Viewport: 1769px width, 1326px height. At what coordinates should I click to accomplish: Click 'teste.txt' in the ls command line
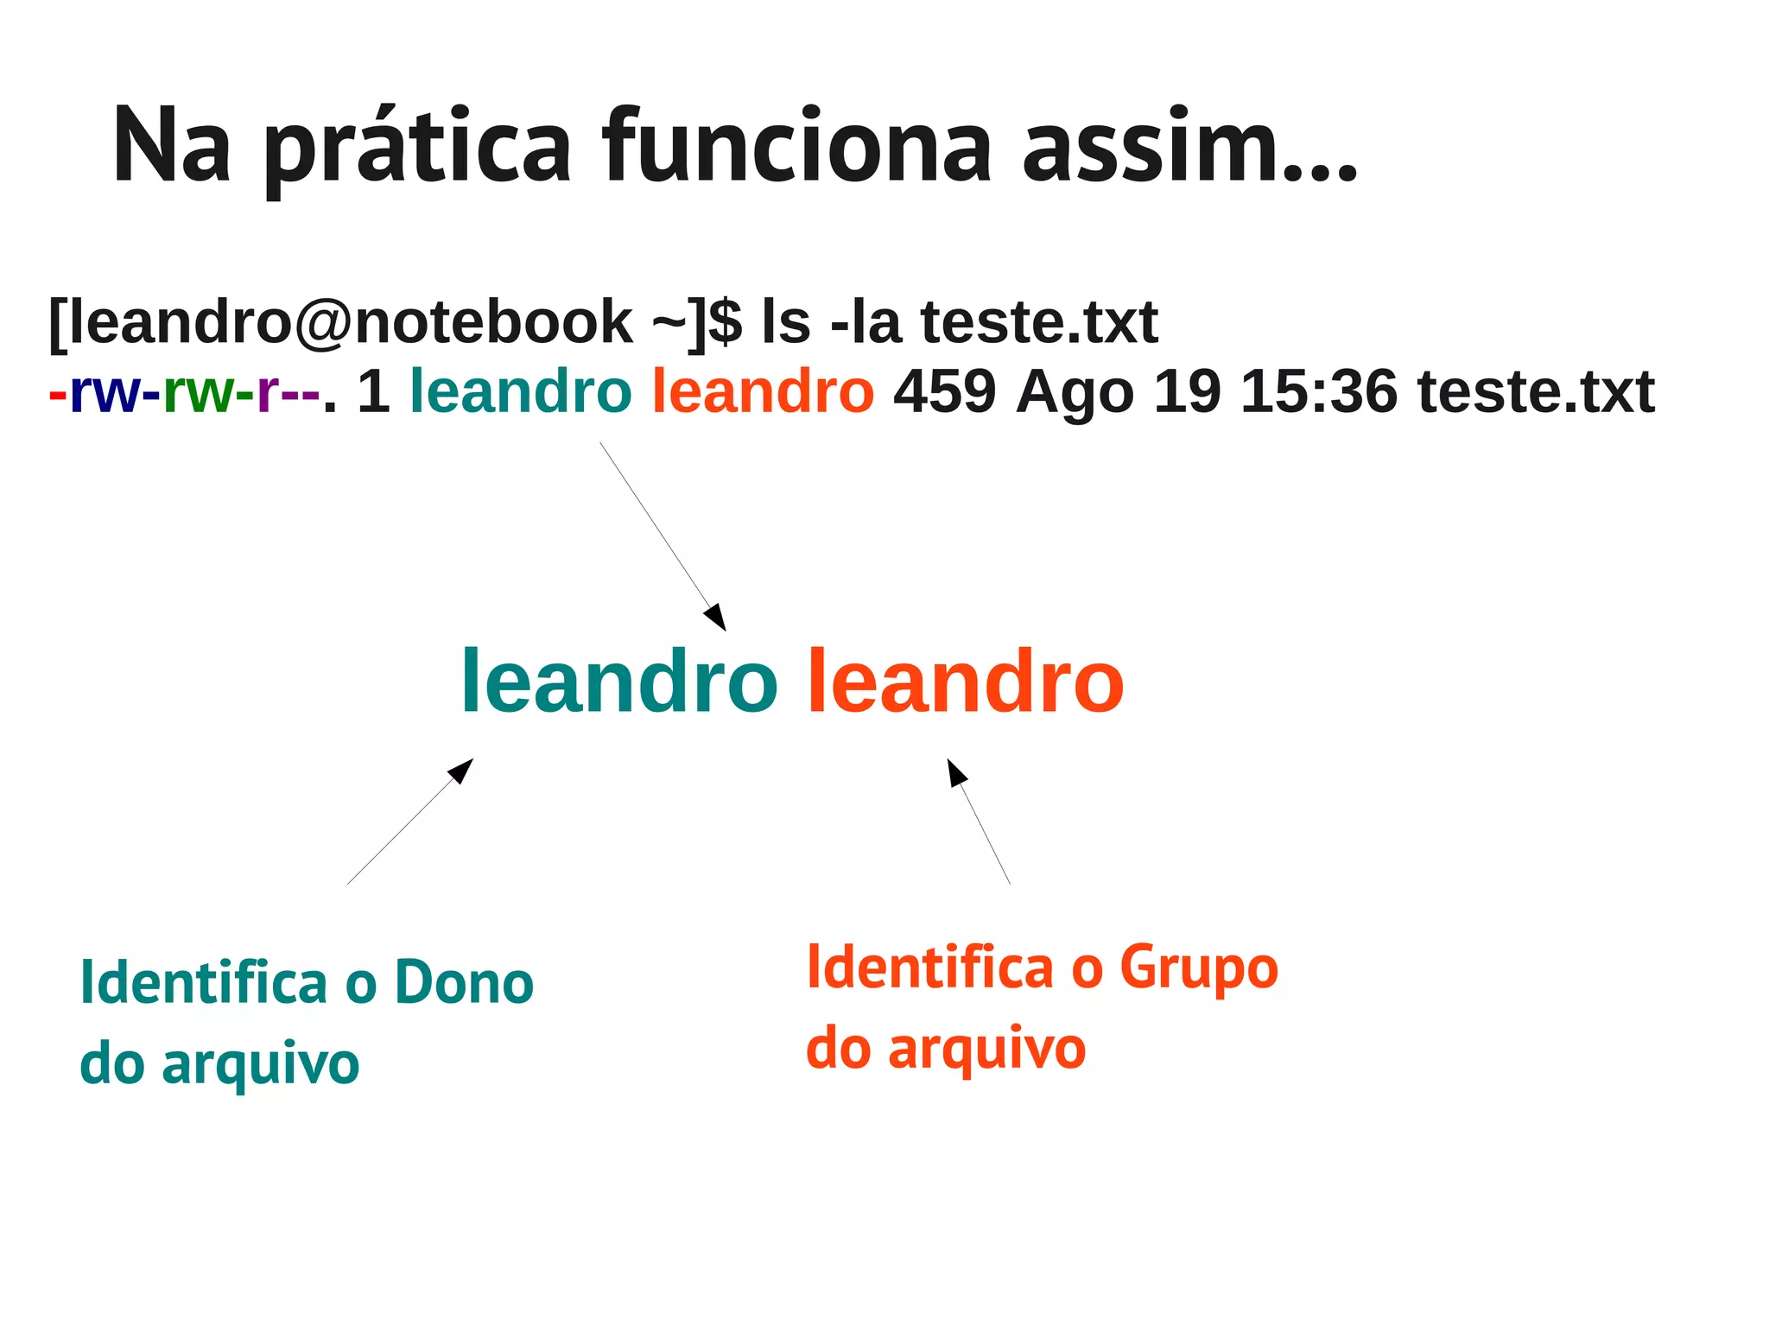pos(1039,322)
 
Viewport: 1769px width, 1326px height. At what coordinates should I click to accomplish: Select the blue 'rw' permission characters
pos(105,392)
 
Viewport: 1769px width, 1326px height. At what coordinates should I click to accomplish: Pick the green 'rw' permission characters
pos(198,392)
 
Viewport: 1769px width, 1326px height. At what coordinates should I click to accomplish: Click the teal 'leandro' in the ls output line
pos(521,391)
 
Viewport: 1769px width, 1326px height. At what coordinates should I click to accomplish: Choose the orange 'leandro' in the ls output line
pos(763,391)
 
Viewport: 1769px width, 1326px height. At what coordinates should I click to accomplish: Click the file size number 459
pos(944,391)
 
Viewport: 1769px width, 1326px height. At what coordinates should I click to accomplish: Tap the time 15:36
pos(1318,391)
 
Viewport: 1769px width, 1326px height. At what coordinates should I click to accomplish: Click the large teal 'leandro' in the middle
pos(619,682)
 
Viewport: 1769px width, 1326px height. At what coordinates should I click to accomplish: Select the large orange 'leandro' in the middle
pos(965,682)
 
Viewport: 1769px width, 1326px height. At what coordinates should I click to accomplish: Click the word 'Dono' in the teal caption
pos(464,983)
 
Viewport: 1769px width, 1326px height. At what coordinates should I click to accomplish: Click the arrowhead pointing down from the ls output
pos(716,618)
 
